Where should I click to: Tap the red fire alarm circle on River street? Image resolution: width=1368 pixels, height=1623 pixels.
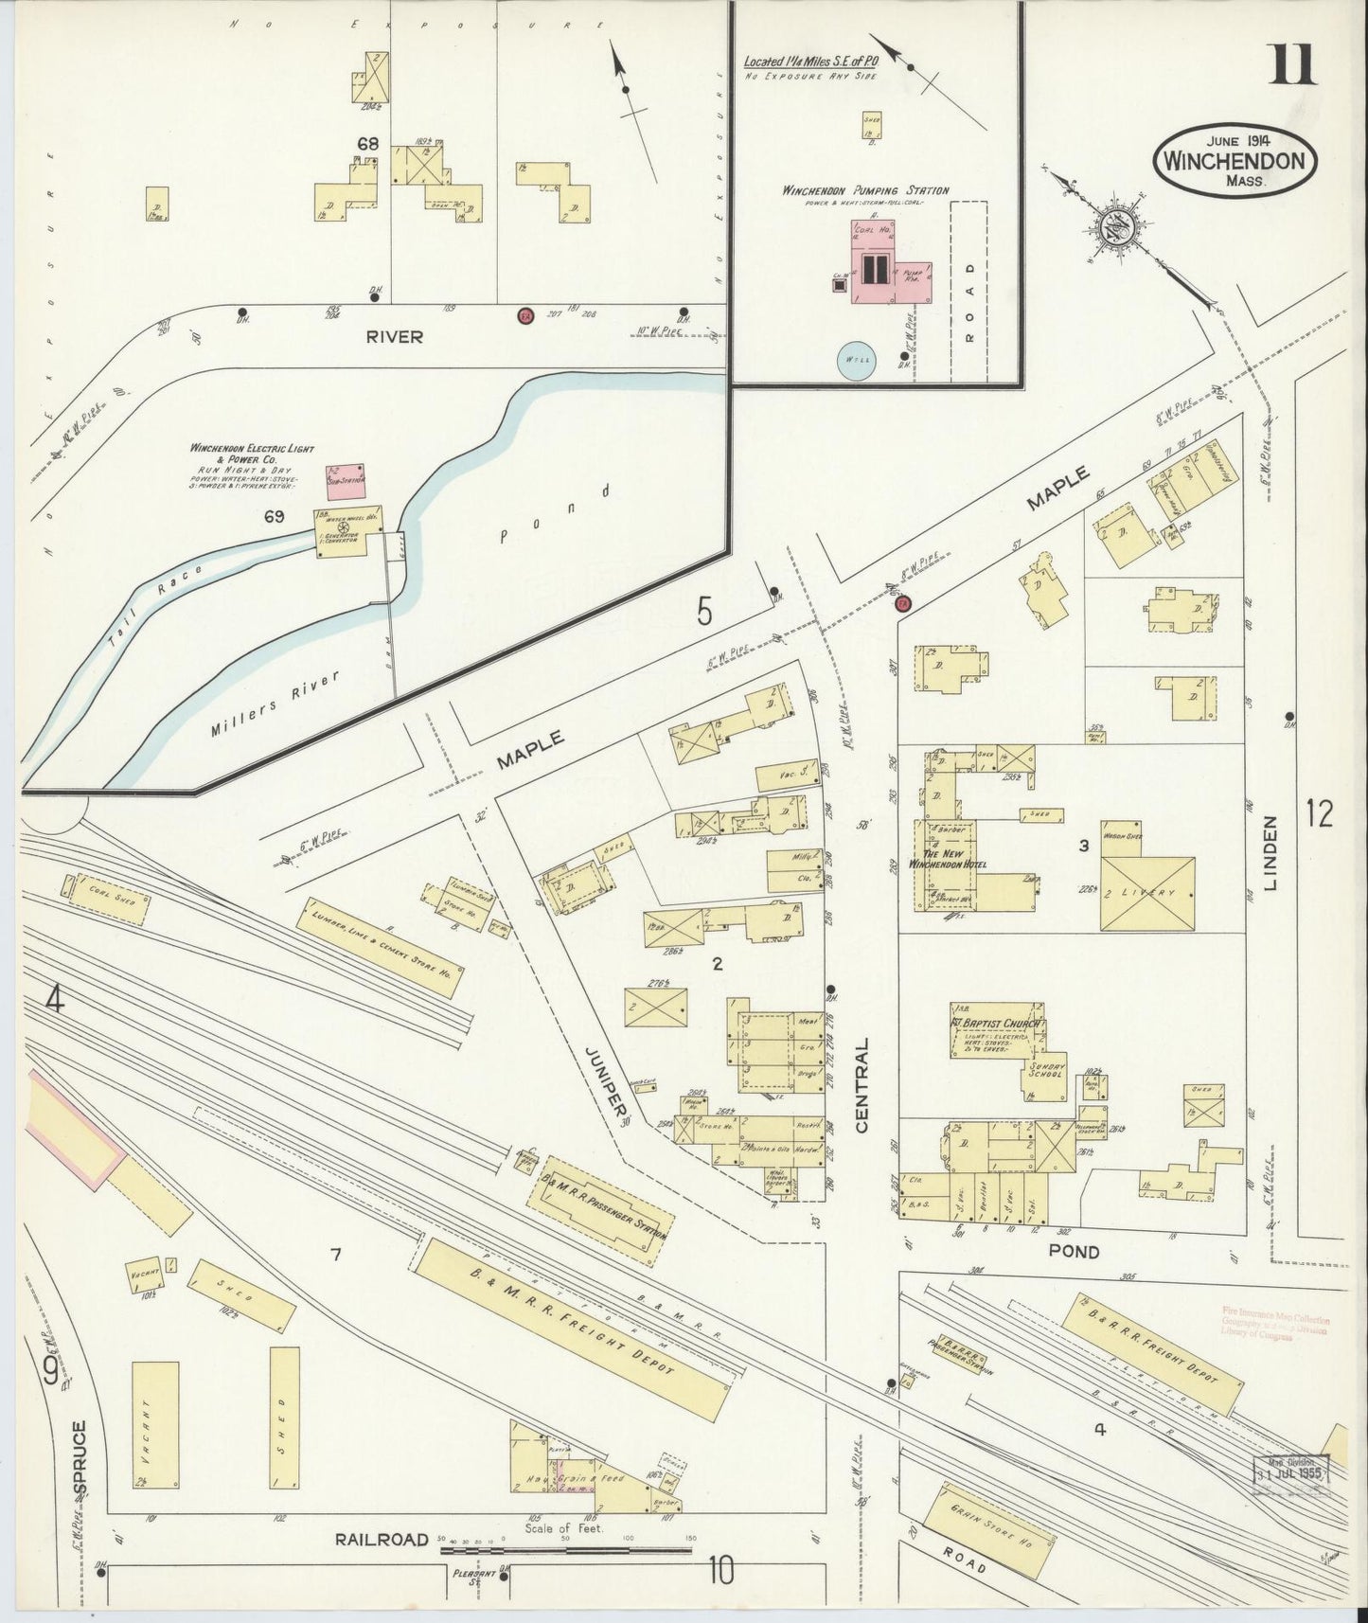point(524,315)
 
